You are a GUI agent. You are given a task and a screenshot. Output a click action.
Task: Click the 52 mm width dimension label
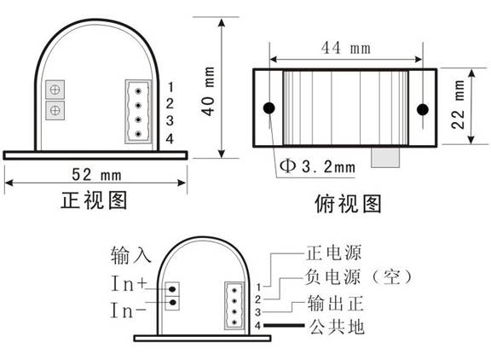pos(96,175)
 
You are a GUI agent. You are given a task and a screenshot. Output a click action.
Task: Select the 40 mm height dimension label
pos(208,91)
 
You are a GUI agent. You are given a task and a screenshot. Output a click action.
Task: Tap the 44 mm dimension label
pos(346,49)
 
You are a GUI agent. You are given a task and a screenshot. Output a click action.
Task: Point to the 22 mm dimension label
pos(458,104)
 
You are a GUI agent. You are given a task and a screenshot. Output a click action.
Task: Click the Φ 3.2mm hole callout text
pos(317,166)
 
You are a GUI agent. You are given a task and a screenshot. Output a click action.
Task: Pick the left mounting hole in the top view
pos(269,108)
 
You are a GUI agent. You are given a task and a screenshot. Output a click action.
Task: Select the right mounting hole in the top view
pos(423,109)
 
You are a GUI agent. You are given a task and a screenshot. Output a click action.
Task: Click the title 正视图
pos(94,200)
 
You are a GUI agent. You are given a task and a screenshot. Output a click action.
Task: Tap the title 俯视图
pos(348,204)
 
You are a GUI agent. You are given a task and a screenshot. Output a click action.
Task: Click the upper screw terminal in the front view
pos(55,90)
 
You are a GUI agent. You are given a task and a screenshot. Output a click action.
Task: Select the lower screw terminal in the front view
pos(55,110)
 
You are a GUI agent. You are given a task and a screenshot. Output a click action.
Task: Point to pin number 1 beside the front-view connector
pos(170,87)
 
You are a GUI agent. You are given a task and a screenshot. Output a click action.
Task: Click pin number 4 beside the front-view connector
pos(170,138)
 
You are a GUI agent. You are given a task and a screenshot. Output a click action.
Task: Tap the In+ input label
pos(129,283)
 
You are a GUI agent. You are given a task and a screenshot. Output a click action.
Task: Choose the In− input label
pos(129,311)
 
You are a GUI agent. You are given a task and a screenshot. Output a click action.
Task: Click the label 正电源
pos(334,253)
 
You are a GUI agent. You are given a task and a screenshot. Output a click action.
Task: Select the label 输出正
pos(335,304)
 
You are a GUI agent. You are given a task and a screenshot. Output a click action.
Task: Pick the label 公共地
pos(337,327)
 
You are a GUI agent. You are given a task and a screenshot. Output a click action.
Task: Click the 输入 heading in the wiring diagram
pos(131,255)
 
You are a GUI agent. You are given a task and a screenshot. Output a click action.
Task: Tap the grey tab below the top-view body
pos(385,157)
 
